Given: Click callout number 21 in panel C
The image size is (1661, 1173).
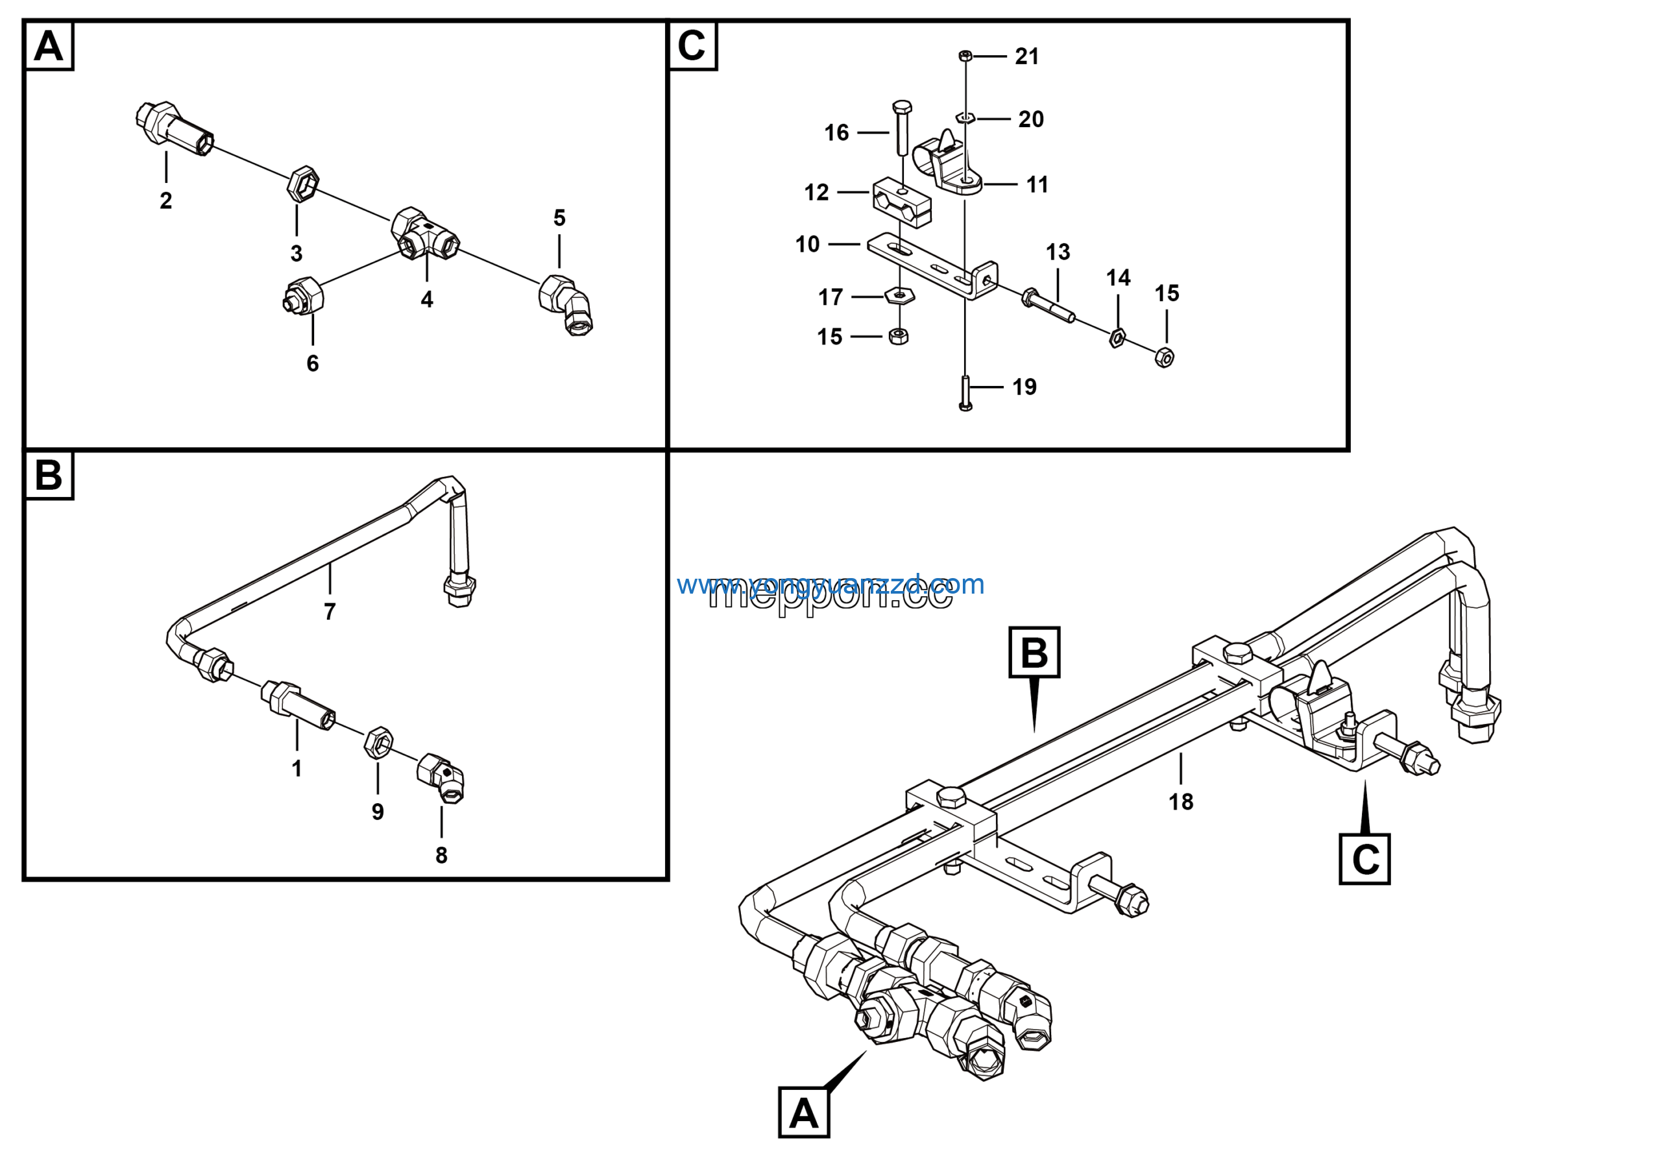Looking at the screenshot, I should pos(1026,56).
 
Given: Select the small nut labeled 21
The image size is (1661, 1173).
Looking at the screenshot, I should pos(964,55).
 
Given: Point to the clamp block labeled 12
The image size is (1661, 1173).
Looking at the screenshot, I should pos(901,203).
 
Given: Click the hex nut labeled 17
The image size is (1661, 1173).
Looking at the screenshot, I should pos(899,295).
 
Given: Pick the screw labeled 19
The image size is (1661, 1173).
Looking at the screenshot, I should pos(965,393).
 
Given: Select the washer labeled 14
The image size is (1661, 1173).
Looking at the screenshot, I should pos(1117,337).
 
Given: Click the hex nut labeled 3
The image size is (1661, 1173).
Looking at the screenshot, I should pos(302,184).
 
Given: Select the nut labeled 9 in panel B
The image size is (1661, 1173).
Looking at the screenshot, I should pos(378,744).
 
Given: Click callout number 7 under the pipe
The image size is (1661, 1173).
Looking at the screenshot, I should pos(330,612).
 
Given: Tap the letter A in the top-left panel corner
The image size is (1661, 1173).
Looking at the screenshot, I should pos(49,46).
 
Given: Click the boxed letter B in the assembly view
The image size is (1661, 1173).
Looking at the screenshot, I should pos(1034,652).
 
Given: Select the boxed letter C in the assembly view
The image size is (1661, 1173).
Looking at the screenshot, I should pos(1364,859).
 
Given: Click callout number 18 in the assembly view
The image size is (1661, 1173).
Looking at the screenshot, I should pos(1181,801).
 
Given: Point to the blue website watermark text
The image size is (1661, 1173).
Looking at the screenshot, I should pos(830,585).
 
